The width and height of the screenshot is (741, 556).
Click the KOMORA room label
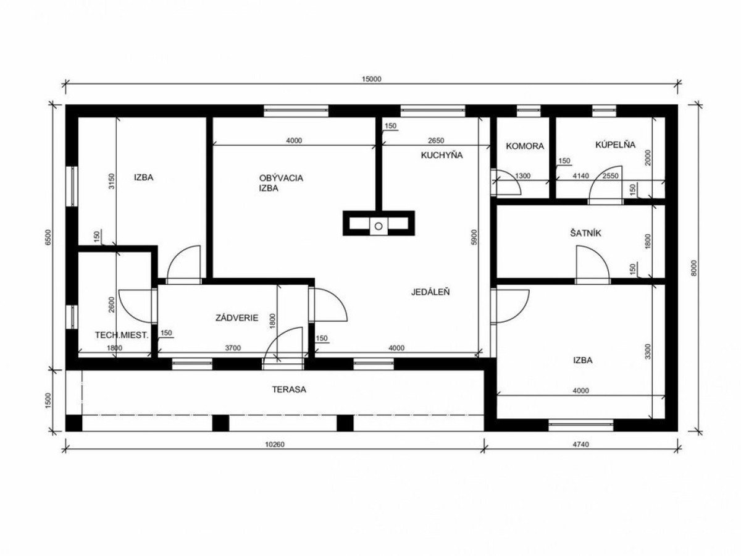tap(525, 146)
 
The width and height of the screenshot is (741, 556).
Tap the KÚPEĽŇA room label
tap(615, 145)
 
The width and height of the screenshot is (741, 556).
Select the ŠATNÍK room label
tap(586, 234)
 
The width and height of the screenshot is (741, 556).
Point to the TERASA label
tap(290, 390)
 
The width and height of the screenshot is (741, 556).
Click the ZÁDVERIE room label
tap(237, 318)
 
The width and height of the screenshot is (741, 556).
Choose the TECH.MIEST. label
tap(122, 335)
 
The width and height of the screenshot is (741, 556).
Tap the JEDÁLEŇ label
tap(430, 292)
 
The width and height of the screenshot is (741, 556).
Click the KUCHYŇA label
tap(442, 155)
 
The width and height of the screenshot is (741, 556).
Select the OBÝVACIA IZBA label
tap(281, 183)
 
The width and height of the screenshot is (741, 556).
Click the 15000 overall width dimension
tap(372, 79)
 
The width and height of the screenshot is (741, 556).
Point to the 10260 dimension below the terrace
tap(275, 445)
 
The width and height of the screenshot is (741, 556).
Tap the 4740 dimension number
tap(580, 445)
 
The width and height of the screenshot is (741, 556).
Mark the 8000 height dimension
tap(694, 267)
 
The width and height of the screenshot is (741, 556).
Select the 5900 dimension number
tap(474, 237)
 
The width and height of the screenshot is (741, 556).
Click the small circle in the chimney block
tap(379, 226)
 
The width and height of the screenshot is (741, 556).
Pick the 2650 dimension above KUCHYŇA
tap(436, 140)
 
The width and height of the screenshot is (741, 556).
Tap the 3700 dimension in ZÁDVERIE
tap(233, 348)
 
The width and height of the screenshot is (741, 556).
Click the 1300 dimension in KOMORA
tap(523, 176)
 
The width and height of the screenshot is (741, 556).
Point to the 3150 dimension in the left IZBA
tap(112, 182)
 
